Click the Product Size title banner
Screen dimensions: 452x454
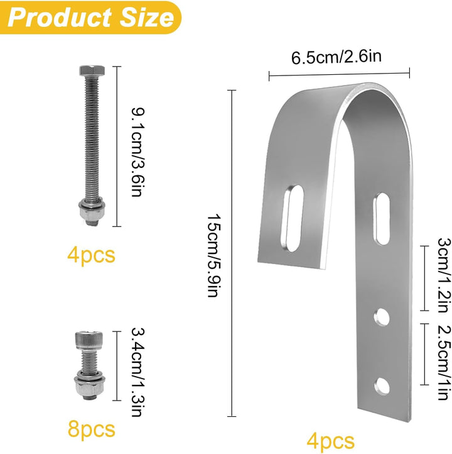tap(90, 18)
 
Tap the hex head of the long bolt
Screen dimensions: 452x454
tap(92, 70)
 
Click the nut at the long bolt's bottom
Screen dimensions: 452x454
tap(92, 214)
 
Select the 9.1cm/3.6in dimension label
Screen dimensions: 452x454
tap(137, 152)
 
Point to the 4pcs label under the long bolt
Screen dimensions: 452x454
tap(91, 255)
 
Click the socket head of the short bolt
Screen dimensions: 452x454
tap(89, 340)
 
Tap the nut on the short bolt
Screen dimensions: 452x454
tap(90, 389)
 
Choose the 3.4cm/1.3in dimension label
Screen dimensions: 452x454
tap(137, 372)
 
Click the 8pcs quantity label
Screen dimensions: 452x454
tap(91, 429)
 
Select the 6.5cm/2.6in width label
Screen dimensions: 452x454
tap(336, 57)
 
